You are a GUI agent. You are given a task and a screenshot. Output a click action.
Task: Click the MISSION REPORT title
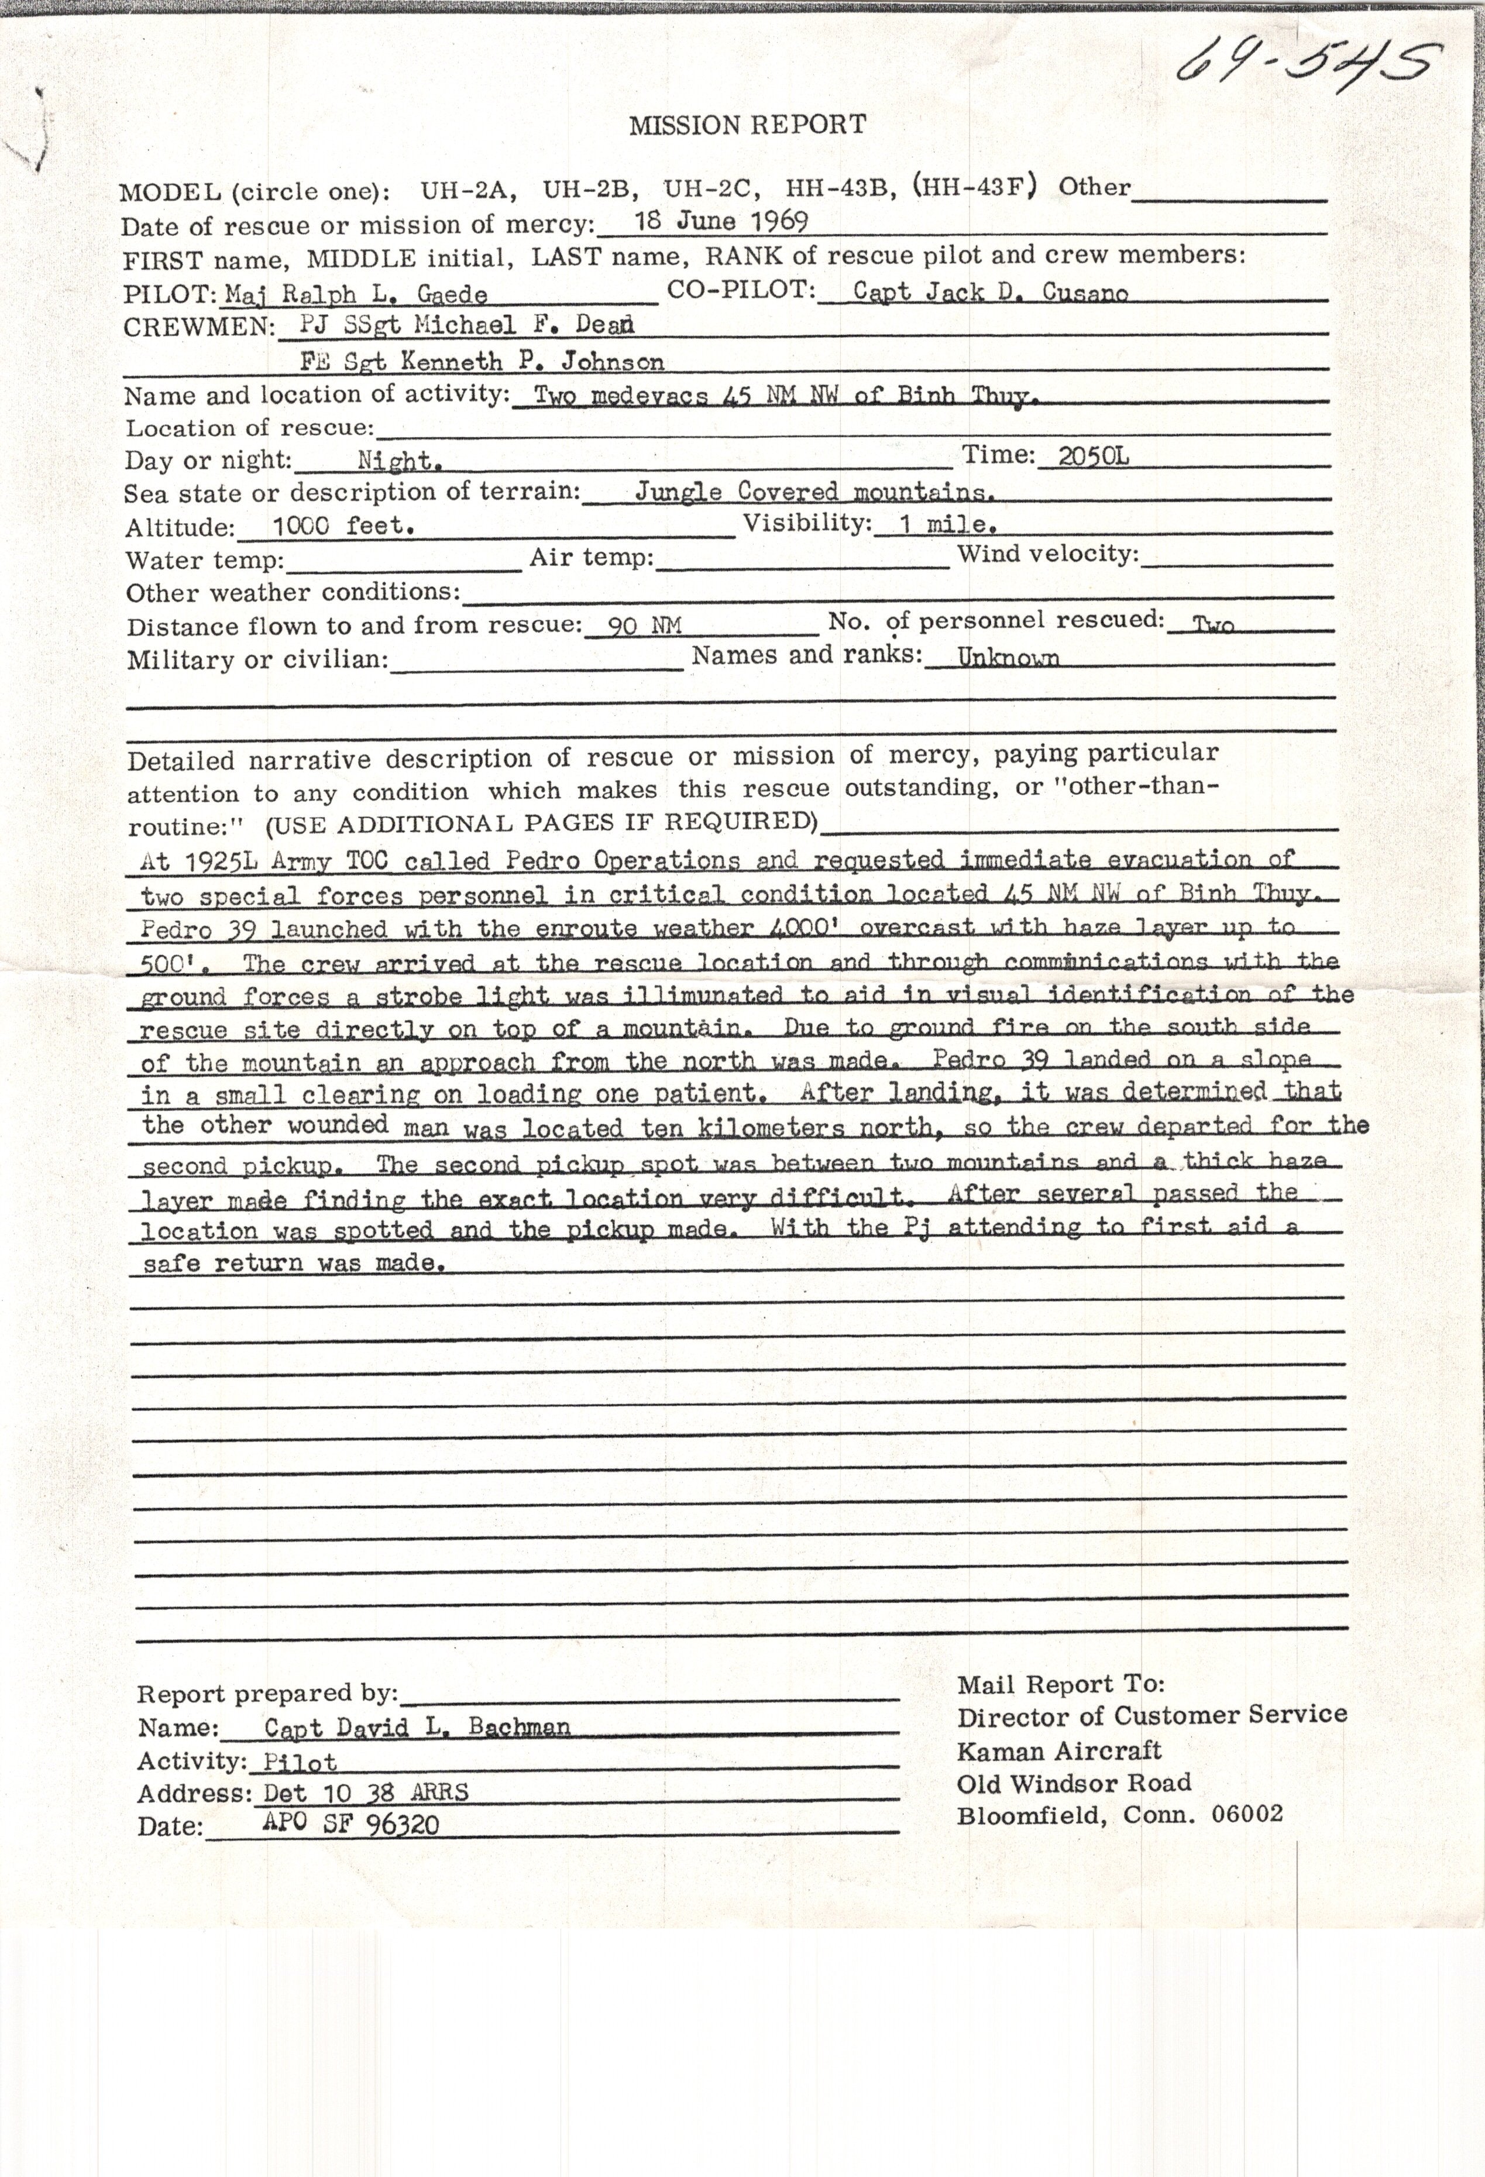coord(747,125)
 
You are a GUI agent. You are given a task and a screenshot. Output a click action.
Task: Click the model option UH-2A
coord(468,191)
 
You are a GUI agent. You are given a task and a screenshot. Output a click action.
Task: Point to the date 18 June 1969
coord(721,221)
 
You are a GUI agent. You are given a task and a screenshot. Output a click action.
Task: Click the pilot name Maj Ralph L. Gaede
coord(356,294)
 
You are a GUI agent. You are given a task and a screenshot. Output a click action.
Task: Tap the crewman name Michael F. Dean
coord(524,325)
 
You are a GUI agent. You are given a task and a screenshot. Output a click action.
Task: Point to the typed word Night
coord(400,461)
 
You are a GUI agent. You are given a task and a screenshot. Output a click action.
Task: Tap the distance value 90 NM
coord(644,625)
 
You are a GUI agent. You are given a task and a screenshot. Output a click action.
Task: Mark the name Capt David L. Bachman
coord(417,1726)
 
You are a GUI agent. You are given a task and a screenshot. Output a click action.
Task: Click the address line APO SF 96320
coord(351,1825)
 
